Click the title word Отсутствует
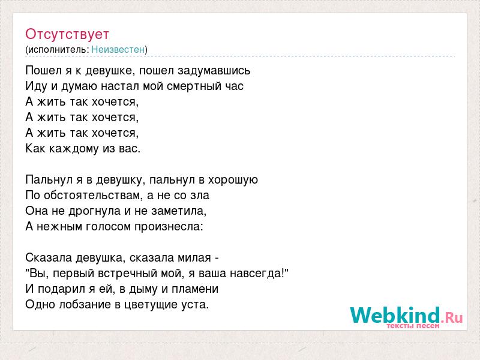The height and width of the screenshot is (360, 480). [67, 34]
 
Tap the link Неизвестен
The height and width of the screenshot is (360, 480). [118, 49]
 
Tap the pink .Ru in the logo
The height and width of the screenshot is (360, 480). [452, 318]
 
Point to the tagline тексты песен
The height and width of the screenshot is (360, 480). [413, 326]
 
